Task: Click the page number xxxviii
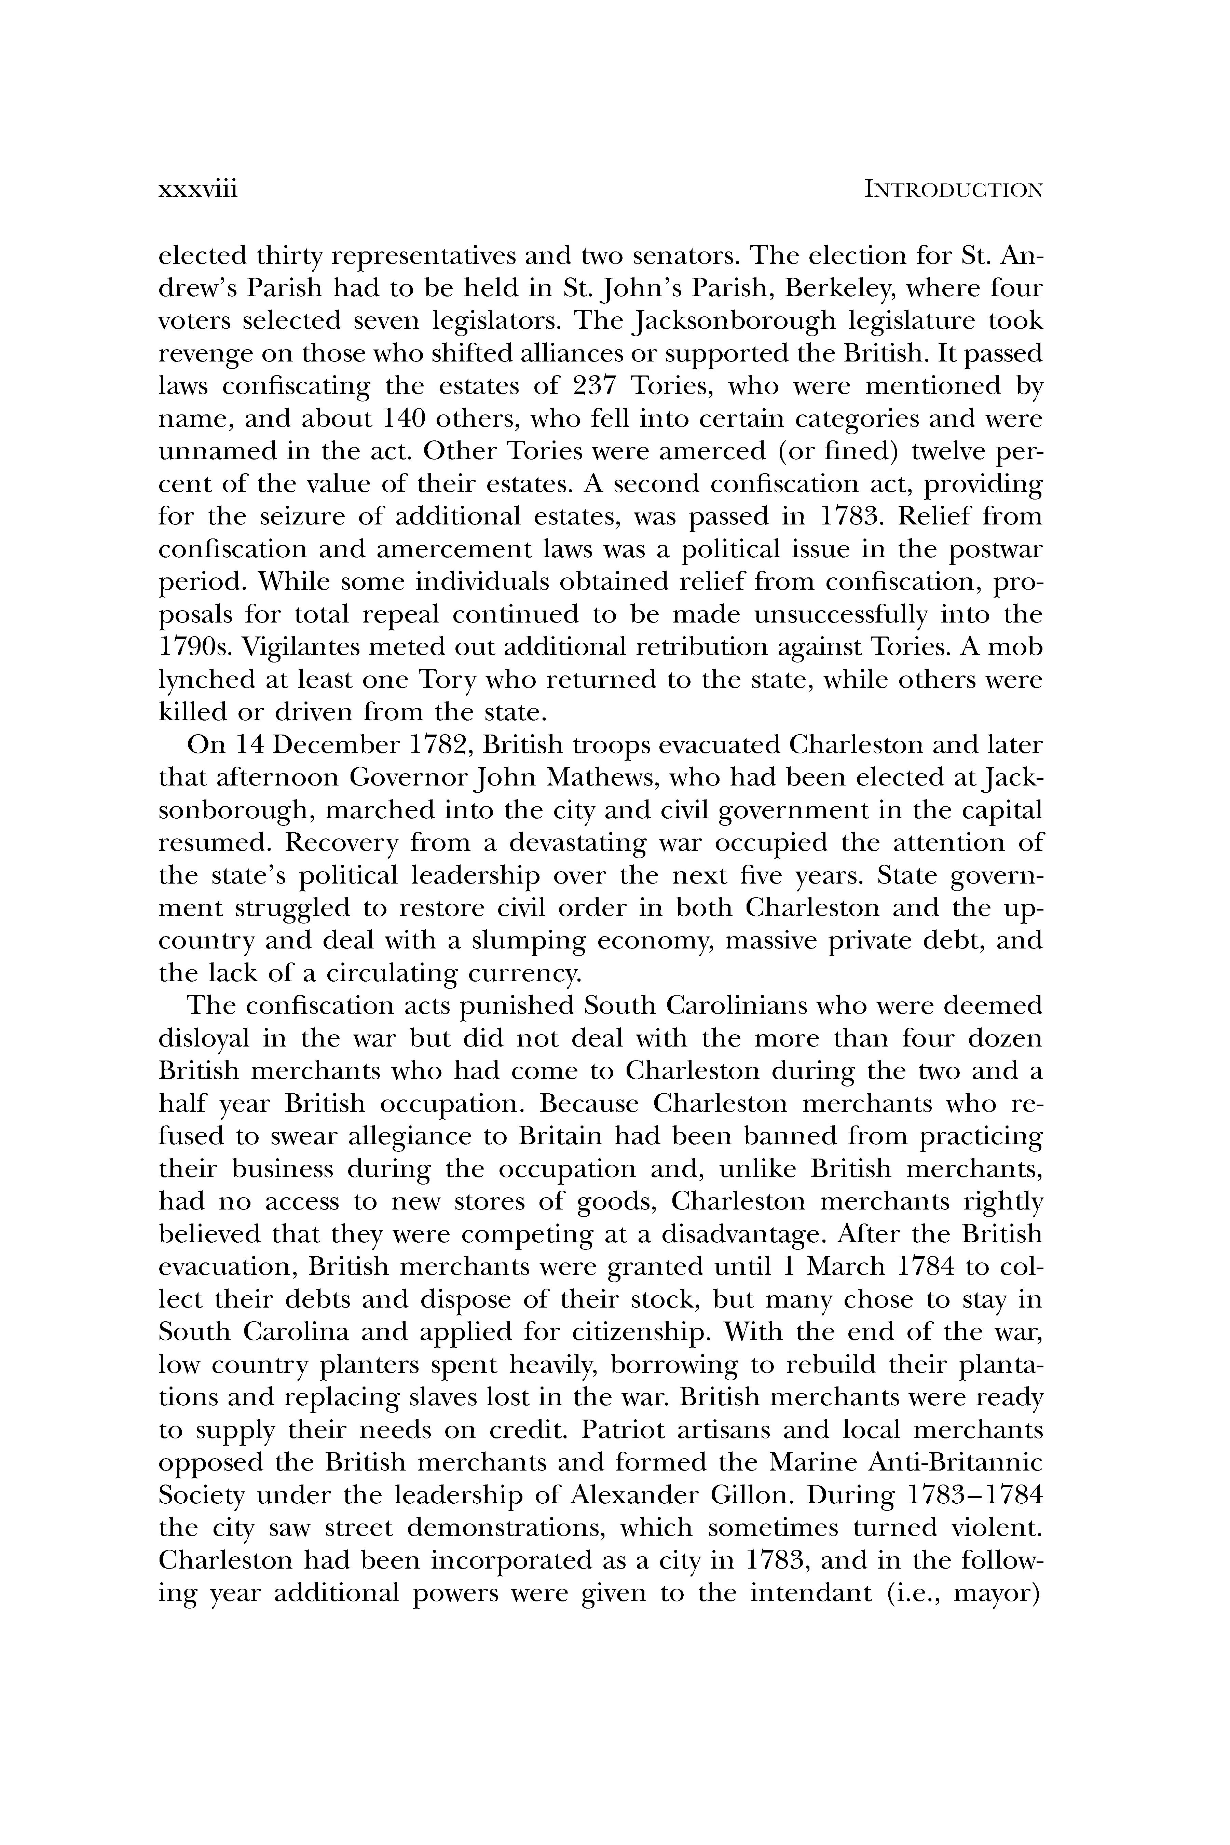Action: pyautogui.click(x=198, y=190)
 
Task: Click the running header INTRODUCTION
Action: pyautogui.click(x=953, y=190)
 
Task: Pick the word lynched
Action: pyautogui.click(x=206, y=680)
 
